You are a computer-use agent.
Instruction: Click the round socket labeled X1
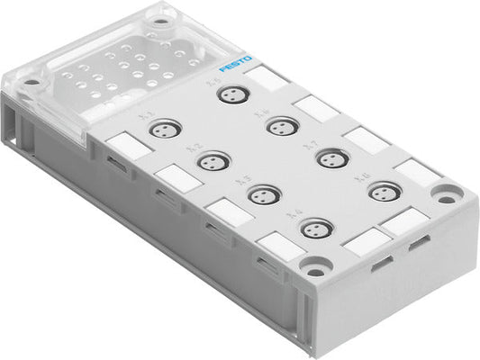(163, 130)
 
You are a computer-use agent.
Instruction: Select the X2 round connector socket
(213, 163)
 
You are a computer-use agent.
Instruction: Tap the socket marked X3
(263, 194)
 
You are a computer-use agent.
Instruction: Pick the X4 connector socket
(314, 229)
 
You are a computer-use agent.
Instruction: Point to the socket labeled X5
(233, 94)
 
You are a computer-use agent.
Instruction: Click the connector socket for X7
(332, 157)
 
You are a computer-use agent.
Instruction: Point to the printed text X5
(213, 81)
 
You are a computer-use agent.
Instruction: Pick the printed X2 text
(192, 148)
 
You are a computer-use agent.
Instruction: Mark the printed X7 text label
(312, 143)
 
